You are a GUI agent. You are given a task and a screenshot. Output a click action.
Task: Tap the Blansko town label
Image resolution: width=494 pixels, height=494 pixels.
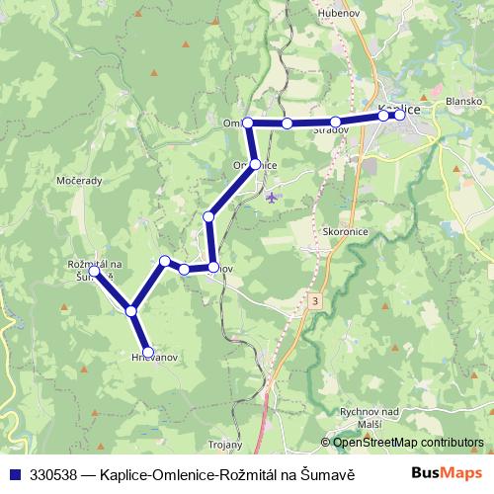[x=463, y=101]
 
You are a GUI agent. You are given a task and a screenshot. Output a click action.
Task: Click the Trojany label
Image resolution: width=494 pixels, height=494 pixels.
[x=226, y=445]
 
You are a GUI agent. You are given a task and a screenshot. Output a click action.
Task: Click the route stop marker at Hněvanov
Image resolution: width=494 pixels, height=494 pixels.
[x=148, y=352]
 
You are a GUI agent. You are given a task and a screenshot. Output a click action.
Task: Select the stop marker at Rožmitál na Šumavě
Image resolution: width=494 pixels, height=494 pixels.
[x=93, y=269]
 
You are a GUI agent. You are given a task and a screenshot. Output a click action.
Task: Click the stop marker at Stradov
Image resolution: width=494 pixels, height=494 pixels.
[x=336, y=122]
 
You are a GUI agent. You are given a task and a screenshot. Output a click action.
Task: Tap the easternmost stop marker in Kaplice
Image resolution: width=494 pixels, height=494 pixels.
[x=398, y=115]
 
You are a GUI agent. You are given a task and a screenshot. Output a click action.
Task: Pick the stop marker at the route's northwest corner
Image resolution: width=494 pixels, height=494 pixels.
[x=249, y=123]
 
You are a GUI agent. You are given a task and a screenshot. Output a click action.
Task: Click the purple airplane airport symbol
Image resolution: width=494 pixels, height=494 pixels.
[x=273, y=197]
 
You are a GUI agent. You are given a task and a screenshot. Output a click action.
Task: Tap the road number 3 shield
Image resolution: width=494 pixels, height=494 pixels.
[x=314, y=299]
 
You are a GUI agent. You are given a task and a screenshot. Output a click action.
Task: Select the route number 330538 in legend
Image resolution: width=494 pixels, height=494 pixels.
[x=55, y=473]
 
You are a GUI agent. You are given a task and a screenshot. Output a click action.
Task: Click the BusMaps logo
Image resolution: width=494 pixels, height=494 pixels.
[x=448, y=472]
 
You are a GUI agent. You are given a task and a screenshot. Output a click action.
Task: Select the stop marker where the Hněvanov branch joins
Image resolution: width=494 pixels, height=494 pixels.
[x=130, y=310]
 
